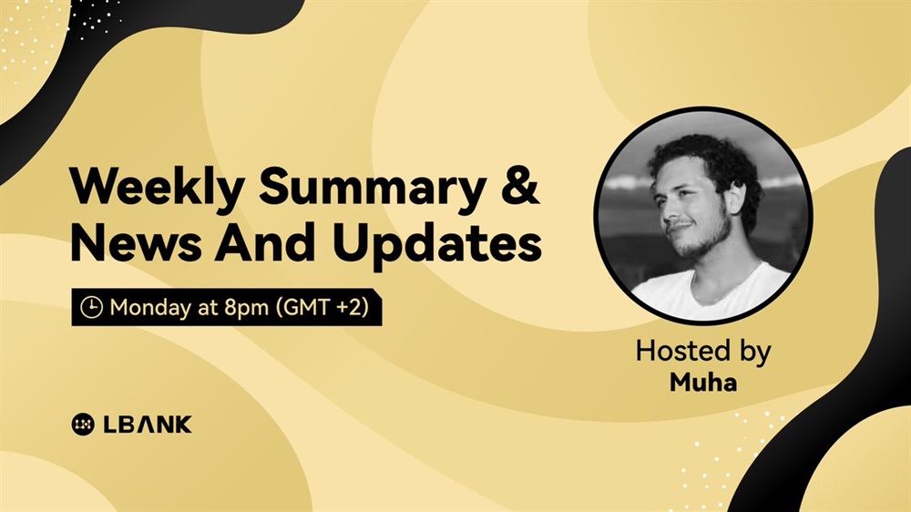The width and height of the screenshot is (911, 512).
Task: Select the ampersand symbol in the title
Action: [520, 185]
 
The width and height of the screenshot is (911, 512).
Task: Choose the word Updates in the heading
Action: [437, 244]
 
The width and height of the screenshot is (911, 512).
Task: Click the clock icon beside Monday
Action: [91, 307]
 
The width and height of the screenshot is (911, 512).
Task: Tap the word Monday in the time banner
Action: [150, 307]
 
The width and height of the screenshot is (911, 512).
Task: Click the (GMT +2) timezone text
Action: [322, 307]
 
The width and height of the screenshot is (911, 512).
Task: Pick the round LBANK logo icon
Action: [83, 425]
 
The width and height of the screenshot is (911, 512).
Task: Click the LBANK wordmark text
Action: [148, 425]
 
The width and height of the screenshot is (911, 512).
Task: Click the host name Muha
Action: [703, 383]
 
